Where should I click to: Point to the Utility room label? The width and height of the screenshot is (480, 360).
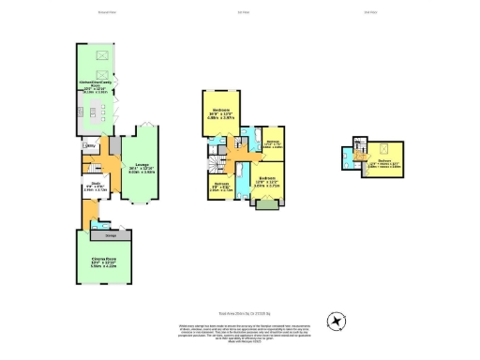[92, 146]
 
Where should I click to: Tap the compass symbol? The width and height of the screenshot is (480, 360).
[336, 321]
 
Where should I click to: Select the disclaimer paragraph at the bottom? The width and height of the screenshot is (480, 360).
[240, 330]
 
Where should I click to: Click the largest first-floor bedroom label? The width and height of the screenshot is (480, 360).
[215, 114]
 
